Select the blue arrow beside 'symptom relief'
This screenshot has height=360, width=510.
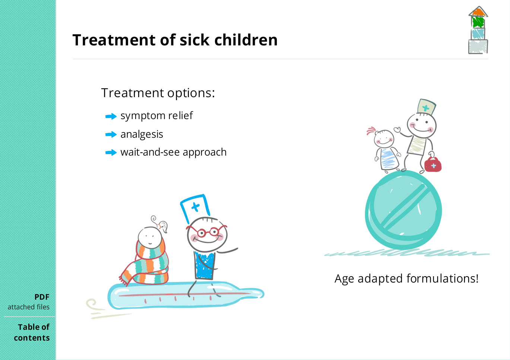click(x=111, y=116)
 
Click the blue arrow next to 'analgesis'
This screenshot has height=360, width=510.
click(x=111, y=134)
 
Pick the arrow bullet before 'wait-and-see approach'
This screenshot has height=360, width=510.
click(x=111, y=153)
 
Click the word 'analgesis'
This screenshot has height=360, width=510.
click(x=142, y=134)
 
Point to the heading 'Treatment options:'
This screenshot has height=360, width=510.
click(x=158, y=93)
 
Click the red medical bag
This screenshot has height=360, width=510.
click(x=433, y=165)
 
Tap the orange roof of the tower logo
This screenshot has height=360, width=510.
click(x=478, y=12)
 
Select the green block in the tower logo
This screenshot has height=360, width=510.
click(x=478, y=22)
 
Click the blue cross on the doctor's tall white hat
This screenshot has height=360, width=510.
click(x=195, y=207)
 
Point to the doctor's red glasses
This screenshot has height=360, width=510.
click(x=207, y=231)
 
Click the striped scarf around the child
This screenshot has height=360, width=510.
click(x=148, y=265)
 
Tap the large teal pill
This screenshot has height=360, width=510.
click(x=403, y=210)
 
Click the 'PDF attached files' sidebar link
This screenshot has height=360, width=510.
click(x=28, y=302)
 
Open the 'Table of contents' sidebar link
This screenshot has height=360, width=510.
click(x=32, y=332)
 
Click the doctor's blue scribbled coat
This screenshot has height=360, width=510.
click(x=205, y=265)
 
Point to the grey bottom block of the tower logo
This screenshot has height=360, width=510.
click(x=478, y=47)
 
